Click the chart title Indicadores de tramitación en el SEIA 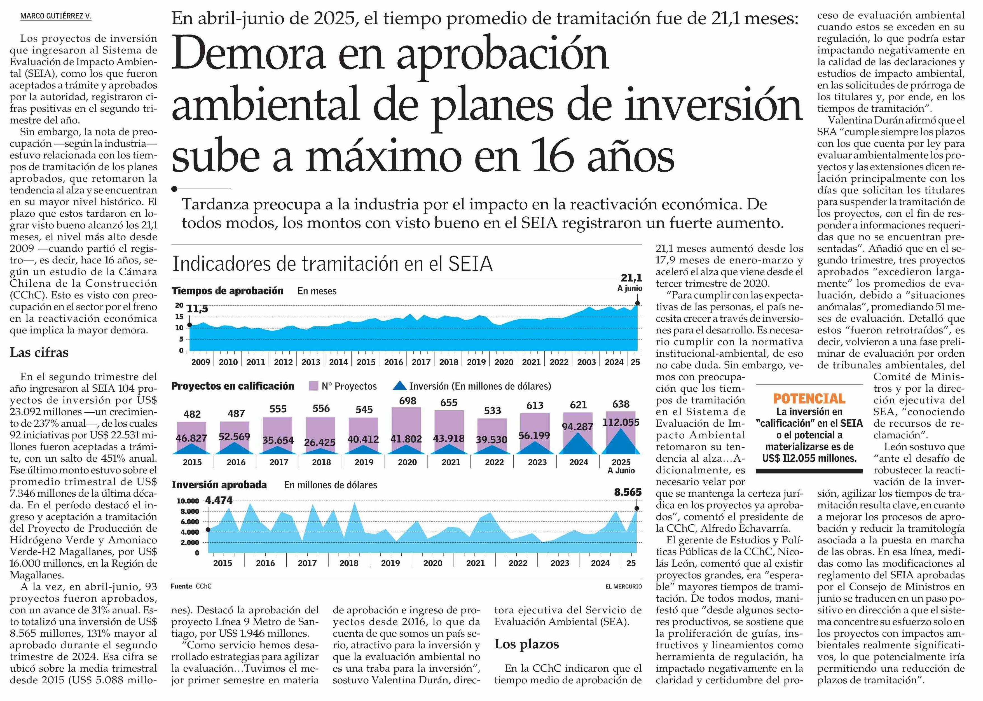(332, 263)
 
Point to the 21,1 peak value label (631, 277)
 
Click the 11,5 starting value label (198, 309)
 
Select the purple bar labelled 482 (192, 438)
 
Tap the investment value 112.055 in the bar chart (621, 422)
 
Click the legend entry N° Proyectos (343, 386)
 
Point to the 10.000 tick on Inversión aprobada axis (188, 501)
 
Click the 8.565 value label (628, 492)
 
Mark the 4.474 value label (219, 501)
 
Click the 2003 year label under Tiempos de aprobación (586, 362)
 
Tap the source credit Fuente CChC (191, 586)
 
